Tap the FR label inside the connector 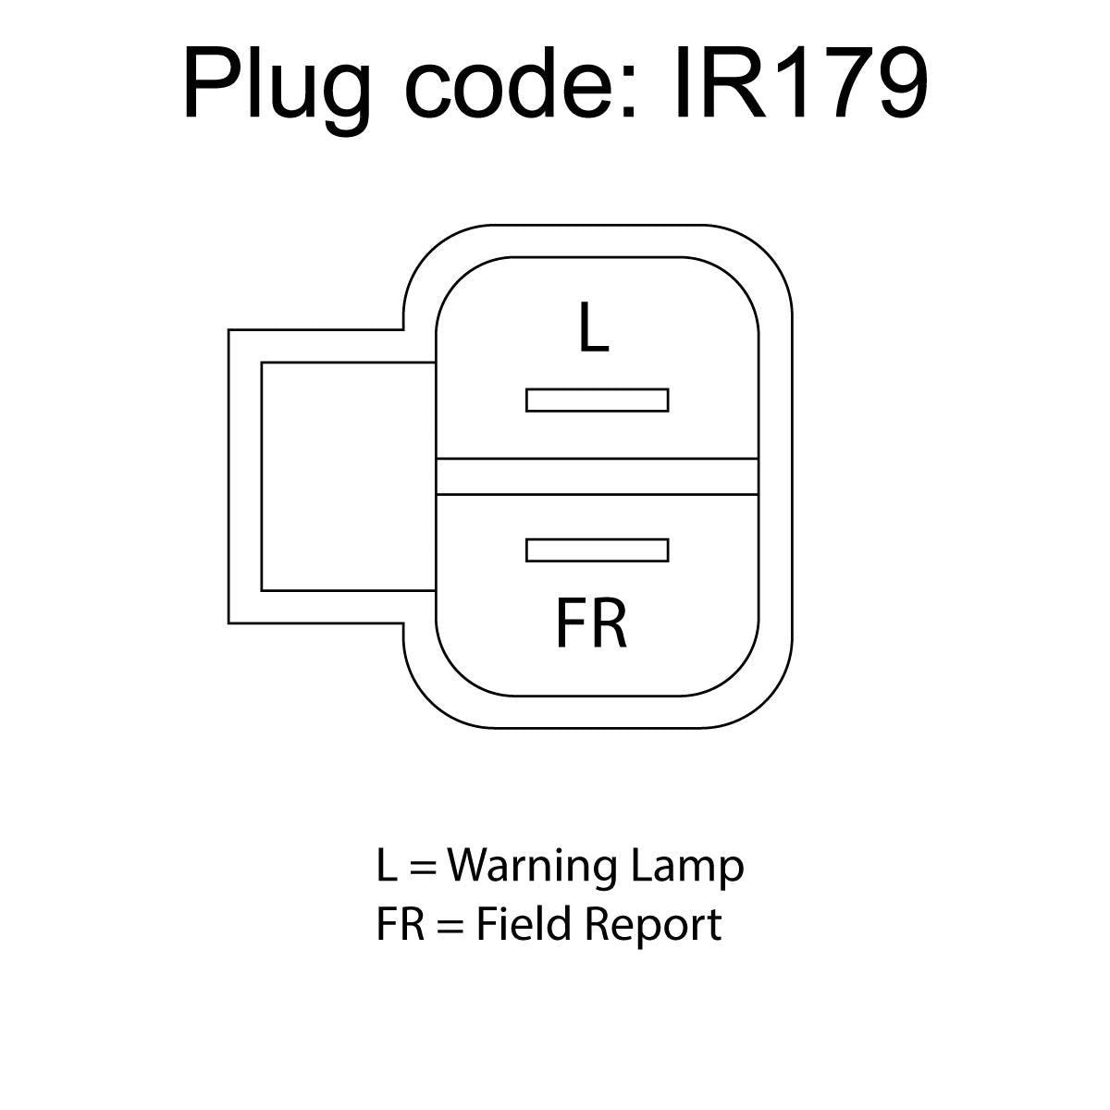pos(592,623)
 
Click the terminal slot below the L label pos(598,401)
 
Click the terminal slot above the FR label pos(598,550)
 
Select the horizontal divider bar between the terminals pos(598,476)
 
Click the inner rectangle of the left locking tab pos(349,476)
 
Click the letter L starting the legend pos(387,865)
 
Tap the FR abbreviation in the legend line pos(401,924)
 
